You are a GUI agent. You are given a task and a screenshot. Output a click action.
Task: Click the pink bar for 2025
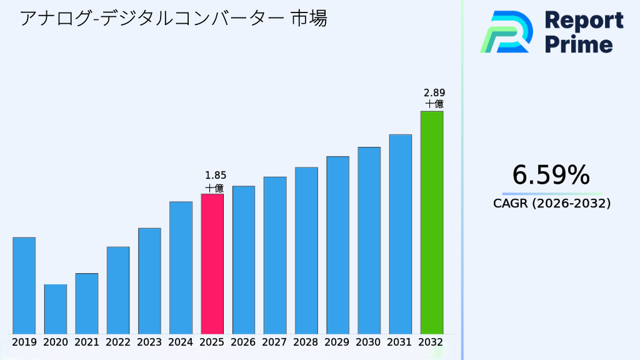212,264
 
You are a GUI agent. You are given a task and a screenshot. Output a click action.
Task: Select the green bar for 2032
431,222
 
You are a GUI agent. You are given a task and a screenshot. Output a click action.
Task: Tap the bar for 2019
24,286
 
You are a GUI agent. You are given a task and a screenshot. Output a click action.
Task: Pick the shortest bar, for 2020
55,309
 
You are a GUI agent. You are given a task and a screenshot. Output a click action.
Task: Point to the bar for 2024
181,267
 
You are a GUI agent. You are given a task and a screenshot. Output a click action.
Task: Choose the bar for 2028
306,250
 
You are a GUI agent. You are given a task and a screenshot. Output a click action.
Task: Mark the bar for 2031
400,234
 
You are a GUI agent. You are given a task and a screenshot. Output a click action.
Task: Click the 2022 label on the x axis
118,342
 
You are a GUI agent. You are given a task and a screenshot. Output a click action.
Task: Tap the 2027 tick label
275,342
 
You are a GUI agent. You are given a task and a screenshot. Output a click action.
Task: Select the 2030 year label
369,342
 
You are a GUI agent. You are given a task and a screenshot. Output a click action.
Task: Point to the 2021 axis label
87,342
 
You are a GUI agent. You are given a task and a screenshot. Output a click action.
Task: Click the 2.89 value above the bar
434,92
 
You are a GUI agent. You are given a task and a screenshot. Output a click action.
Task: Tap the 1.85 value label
216,176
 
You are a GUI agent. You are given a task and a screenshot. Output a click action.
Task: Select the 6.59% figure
551,176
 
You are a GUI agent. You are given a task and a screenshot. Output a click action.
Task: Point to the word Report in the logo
584,21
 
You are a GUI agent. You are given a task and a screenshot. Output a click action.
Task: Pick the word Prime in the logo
579,44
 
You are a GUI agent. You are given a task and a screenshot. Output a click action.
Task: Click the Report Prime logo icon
506,32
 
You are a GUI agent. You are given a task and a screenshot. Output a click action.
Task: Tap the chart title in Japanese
173,19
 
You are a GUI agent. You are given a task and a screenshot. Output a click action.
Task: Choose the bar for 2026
243,259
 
